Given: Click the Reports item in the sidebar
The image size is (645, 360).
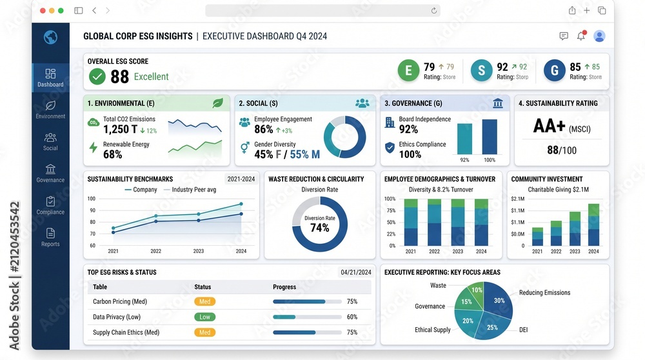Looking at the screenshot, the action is click(50, 237).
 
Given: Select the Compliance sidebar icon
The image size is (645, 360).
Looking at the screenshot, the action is click(50, 201).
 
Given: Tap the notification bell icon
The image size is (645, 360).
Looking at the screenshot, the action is click(581, 35).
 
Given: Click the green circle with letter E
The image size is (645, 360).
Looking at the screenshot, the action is click(408, 70).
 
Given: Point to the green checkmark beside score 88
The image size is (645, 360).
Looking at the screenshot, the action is click(97, 77).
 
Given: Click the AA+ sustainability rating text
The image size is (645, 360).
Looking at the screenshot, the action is click(549, 126).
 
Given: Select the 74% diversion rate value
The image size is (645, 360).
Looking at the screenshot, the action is click(320, 228).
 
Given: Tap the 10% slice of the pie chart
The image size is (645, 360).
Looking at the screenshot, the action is click(477, 289).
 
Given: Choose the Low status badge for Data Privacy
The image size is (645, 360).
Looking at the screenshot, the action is click(205, 317).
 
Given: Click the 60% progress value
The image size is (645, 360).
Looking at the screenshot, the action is click(352, 317).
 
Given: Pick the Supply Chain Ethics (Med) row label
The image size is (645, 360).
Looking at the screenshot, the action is click(126, 332).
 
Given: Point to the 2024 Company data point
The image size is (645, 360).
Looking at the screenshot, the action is click(241, 204).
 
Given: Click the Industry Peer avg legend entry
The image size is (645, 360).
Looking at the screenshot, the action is click(190, 190).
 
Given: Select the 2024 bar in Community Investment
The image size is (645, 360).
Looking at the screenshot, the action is click(593, 225).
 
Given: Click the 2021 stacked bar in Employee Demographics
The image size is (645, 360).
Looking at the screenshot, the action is click(410, 223).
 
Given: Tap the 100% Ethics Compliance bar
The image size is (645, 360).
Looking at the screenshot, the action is click(490, 137).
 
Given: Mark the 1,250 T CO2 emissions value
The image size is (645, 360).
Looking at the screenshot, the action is click(120, 130).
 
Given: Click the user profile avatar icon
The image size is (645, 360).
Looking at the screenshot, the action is click(599, 36).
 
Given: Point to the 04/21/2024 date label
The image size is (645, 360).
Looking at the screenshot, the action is click(356, 272).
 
